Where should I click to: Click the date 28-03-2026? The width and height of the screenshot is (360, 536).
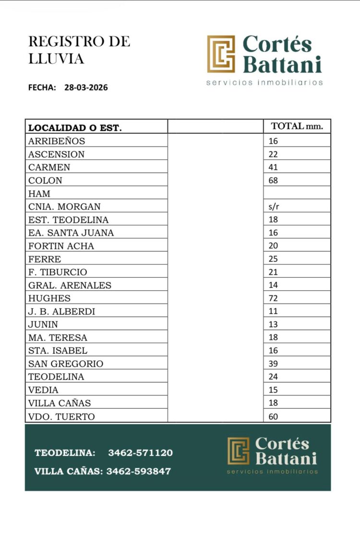(x=86, y=88)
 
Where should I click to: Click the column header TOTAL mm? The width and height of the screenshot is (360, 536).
(x=297, y=127)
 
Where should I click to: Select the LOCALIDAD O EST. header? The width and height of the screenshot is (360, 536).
(x=75, y=128)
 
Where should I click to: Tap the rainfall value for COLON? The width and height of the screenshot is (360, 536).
(x=273, y=180)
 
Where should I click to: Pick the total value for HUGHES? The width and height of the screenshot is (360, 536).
(x=273, y=298)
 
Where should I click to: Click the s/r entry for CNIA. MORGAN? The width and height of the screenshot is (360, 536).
(x=274, y=207)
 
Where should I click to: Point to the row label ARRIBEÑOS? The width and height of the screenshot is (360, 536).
(x=57, y=141)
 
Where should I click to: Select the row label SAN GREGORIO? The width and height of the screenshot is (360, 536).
(x=66, y=364)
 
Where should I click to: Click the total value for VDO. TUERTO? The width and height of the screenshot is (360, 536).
(x=273, y=416)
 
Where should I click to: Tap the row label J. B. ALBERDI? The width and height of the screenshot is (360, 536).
(x=61, y=311)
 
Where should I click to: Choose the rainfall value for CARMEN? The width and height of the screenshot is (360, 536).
(x=273, y=167)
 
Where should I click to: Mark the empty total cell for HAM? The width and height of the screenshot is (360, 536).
(x=297, y=194)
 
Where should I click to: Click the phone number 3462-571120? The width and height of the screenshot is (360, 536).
(x=140, y=453)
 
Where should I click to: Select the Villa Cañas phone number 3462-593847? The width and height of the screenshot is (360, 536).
(x=138, y=471)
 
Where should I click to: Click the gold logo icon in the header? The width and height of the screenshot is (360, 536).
(x=221, y=54)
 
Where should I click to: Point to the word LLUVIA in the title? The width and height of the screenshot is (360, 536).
(x=56, y=59)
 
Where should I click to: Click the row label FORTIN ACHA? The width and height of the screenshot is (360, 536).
(x=61, y=246)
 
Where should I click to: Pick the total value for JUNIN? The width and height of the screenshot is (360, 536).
(x=273, y=324)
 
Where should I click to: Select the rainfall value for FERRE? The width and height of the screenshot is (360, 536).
(x=273, y=259)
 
